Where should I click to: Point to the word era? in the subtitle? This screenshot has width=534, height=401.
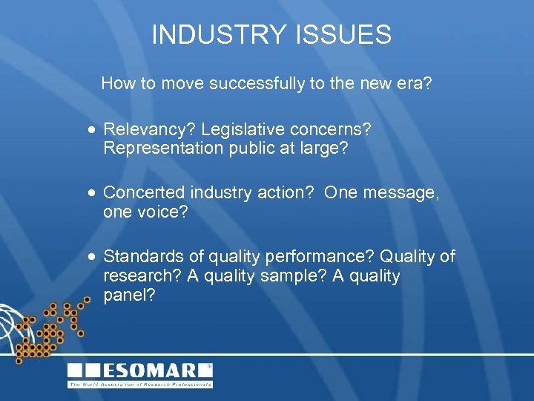(x=415, y=83)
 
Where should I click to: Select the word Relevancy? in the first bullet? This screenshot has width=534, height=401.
(x=144, y=129)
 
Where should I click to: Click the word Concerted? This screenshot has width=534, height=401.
(x=144, y=192)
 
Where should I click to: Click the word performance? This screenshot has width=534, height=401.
(x=312, y=257)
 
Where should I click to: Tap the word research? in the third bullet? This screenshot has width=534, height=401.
(x=139, y=276)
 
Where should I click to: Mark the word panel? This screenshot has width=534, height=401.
(x=129, y=296)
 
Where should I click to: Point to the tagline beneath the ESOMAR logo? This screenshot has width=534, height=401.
(x=139, y=384)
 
